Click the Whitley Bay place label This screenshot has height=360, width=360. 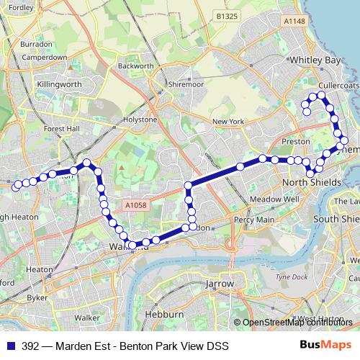[x=313, y=61]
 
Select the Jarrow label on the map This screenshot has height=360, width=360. [x=220, y=284]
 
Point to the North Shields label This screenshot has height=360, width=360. [x=311, y=183]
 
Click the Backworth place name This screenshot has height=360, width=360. [x=135, y=66]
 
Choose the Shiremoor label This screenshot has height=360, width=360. [x=186, y=84]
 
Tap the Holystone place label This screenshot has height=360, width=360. [x=140, y=119]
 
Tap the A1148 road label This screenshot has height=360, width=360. [x=295, y=22]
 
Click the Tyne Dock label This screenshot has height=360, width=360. [x=292, y=277]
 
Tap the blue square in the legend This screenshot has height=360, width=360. [x=11, y=346]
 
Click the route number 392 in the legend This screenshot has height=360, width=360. [x=30, y=346]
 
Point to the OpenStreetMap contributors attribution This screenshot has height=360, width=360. [x=297, y=322]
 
